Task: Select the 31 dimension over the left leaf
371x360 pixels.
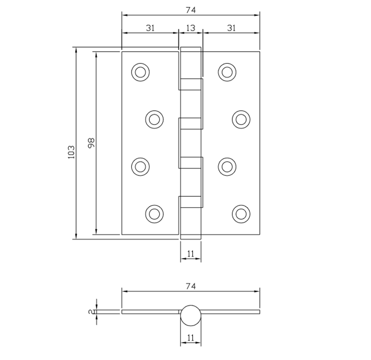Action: point(150,28)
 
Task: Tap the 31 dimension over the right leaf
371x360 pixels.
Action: point(231,28)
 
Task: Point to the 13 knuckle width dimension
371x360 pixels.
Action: point(190,28)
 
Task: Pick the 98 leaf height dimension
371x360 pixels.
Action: point(91,143)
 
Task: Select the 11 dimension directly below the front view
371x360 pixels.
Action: point(191,254)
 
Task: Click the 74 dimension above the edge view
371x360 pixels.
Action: point(190,286)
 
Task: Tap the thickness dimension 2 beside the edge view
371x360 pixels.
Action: point(90,312)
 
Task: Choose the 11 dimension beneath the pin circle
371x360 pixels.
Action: point(191,337)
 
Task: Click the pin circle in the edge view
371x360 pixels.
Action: point(191,315)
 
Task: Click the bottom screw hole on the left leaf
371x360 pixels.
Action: point(154,213)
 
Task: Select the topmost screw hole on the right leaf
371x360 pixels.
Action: point(227,72)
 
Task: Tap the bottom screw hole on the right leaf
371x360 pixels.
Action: point(241,213)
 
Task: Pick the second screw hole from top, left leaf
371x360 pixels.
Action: point(154,119)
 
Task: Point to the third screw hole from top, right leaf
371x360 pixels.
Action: point(227,166)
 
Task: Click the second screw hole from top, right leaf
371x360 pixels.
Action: point(241,119)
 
